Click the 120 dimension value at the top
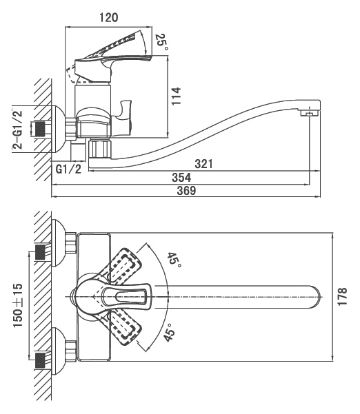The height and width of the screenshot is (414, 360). [x=109, y=18]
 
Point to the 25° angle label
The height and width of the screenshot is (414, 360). [x=161, y=42]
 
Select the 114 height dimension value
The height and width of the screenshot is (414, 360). [x=177, y=96]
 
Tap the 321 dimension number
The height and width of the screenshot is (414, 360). [x=203, y=164]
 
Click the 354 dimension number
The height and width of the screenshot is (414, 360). [x=181, y=178]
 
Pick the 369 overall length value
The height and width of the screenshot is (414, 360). [x=187, y=190]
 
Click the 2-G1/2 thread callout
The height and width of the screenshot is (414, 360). [x=17, y=130]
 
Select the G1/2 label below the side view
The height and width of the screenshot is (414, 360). [x=68, y=169]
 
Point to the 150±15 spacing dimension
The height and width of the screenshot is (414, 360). [x=18, y=305]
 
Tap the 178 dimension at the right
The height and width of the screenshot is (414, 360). [x=342, y=296]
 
